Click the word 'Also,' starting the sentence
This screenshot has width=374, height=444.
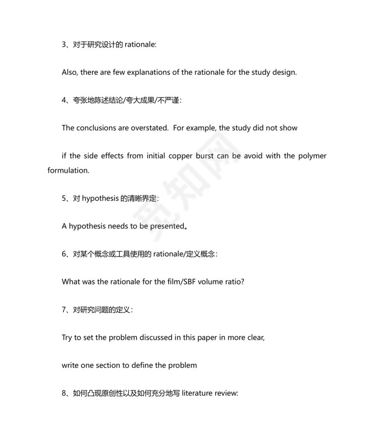point(70,72)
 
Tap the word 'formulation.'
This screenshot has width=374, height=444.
point(68,171)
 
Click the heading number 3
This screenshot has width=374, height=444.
point(64,44)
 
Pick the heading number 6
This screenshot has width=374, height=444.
point(64,254)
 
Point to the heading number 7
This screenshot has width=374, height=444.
point(64,310)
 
